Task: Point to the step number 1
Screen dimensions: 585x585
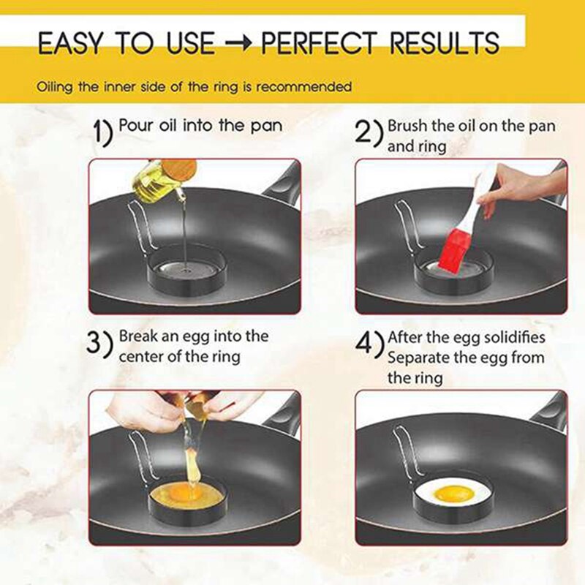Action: click(103, 133)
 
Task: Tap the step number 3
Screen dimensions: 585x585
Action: click(100, 344)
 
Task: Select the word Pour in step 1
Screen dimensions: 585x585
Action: click(134, 126)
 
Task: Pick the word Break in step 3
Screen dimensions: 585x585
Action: click(137, 337)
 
